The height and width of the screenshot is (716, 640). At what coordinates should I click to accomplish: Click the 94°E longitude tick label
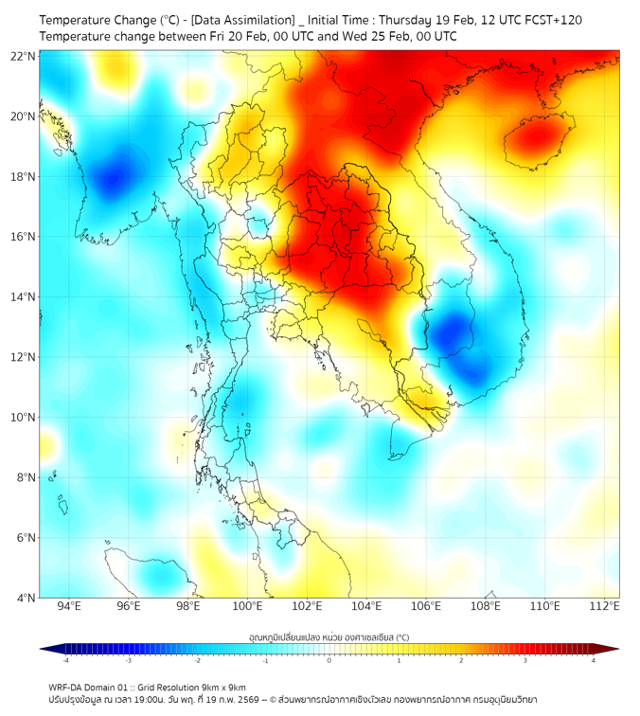pos(69,606)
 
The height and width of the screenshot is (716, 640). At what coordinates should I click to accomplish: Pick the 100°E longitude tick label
pos(248,606)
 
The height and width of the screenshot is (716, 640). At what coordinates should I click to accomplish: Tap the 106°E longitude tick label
pos(427,606)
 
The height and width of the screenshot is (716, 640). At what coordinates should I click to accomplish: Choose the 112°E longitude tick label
pos(605,606)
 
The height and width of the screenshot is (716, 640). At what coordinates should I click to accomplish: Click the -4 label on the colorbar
pos(65,660)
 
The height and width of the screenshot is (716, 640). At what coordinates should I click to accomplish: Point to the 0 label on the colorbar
pos(329,660)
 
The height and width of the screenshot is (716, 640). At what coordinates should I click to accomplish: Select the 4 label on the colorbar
pos(594,660)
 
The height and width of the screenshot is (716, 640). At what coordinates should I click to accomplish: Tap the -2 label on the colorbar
pos(197,660)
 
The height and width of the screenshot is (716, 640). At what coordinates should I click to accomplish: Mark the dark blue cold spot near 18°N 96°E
pos(116,177)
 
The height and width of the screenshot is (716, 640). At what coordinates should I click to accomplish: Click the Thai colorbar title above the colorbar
pos(329,637)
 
